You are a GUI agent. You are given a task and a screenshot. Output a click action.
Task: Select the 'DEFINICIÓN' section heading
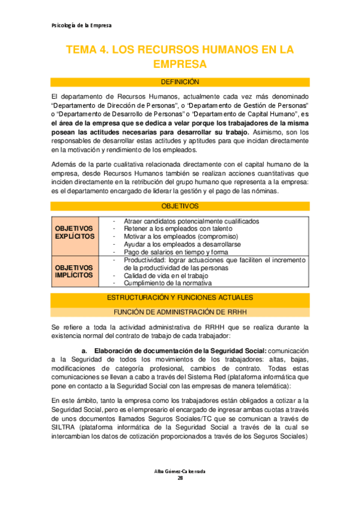180,82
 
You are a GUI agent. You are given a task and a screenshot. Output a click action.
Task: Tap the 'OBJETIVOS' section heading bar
180,206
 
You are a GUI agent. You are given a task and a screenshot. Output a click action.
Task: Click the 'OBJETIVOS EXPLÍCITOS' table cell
75,233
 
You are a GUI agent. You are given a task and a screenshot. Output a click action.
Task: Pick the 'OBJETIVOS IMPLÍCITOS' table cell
75,271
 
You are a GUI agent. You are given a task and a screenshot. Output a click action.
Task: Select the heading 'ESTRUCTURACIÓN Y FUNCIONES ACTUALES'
180,298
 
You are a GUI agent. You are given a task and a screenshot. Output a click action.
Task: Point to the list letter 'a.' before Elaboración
84,351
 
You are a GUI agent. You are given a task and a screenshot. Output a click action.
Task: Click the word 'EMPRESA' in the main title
180,64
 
